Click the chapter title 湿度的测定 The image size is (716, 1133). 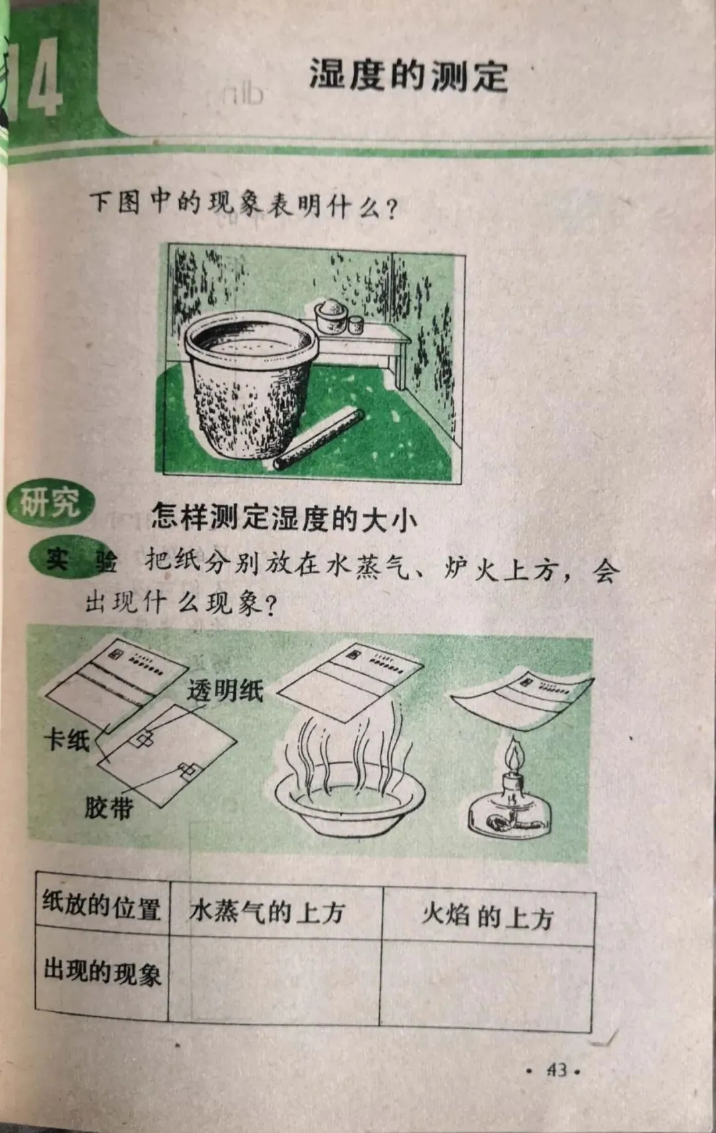(x=408, y=76)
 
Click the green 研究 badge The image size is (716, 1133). (x=50, y=503)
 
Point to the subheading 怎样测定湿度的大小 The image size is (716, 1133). (x=284, y=517)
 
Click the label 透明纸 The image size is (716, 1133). (x=225, y=690)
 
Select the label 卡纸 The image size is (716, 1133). (x=66, y=742)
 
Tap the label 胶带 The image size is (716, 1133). (x=109, y=808)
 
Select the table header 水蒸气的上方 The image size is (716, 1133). (x=267, y=911)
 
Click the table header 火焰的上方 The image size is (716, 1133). (x=487, y=916)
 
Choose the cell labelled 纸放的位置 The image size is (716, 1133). (x=101, y=906)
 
